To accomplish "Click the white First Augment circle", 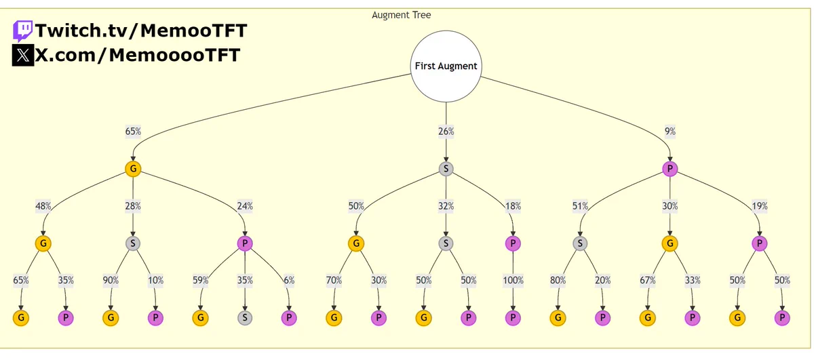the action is [446, 66].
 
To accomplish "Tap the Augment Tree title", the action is [401, 15].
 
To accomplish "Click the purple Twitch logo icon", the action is [22, 31].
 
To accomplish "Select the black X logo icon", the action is [23, 55].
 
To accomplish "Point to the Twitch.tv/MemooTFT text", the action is [141, 31].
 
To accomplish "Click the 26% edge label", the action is [446, 131].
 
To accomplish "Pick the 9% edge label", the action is [670, 131].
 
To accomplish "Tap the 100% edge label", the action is [513, 280].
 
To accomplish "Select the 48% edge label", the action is [43, 206].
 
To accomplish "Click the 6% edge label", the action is [289, 280].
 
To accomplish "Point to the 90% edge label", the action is [111, 280].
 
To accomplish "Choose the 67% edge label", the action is [648, 280].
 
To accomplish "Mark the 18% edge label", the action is [513, 206].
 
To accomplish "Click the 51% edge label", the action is [580, 206].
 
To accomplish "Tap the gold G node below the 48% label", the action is [43, 243].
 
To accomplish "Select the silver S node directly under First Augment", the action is [446, 169].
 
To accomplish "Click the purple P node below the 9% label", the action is [670, 169].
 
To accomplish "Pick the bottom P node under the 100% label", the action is [513, 318].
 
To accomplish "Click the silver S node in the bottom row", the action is [245, 318].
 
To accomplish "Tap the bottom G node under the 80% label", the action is [558, 318].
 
